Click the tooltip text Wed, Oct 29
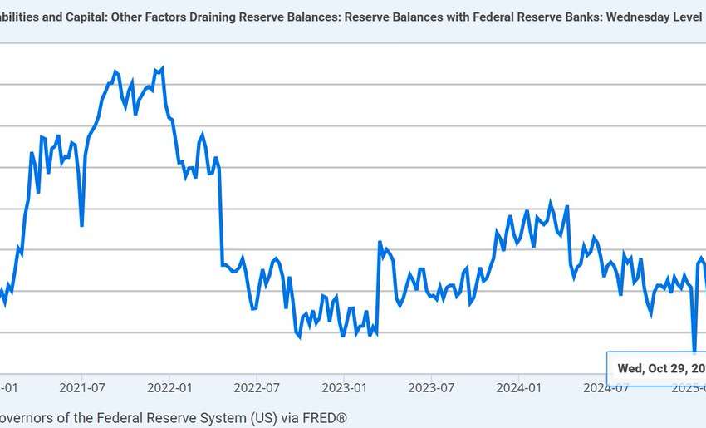click(660, 368)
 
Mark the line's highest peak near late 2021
click(161, 68)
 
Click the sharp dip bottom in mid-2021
click(81, 225)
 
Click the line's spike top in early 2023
click(380, 243)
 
